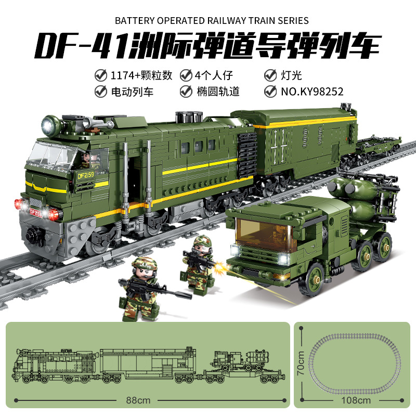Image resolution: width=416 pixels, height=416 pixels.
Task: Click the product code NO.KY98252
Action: click(x=312, y=92)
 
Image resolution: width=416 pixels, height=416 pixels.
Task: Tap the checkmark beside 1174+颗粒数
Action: click(x=101, y=75)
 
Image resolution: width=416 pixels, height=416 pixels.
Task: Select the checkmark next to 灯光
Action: click(x=270, y=75)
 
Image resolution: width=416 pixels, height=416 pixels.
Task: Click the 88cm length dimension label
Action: click(x=138, y=400)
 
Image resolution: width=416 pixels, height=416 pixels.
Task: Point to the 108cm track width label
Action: click(x=356, y=400)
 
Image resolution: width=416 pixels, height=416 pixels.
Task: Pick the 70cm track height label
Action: click(x=301, y=362)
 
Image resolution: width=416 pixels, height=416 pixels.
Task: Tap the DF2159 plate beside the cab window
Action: click(x=85, y=175)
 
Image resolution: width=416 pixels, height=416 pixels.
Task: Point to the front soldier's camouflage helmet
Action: click(x=144, y=265)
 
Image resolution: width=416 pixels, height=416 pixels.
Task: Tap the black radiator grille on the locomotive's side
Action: click(x=246, y=155)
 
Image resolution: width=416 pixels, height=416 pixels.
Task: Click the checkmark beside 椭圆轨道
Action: click(x=186, y=92)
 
